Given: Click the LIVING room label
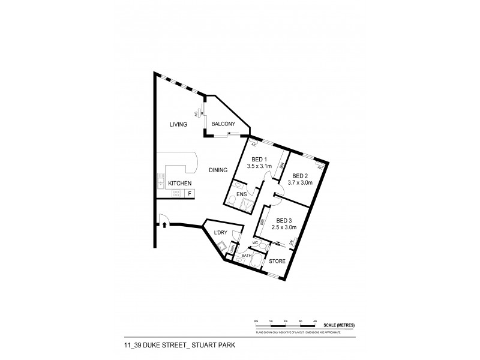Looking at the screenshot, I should point(178,124).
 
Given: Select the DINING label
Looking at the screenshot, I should point(218,170).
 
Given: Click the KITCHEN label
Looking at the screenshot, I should point(179,183).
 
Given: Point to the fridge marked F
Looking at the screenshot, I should point(190,193).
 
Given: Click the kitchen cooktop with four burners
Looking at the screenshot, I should point(176,193).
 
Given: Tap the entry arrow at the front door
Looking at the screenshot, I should point(164,225).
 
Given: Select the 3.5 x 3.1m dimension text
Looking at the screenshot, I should point(260,166).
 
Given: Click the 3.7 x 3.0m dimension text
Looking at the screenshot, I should point(300,182).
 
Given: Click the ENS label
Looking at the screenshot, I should point(242,195).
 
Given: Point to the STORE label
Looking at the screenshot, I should point(277,261).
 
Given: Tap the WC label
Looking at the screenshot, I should point(255,243).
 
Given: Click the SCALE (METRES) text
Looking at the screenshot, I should point(340,325).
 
